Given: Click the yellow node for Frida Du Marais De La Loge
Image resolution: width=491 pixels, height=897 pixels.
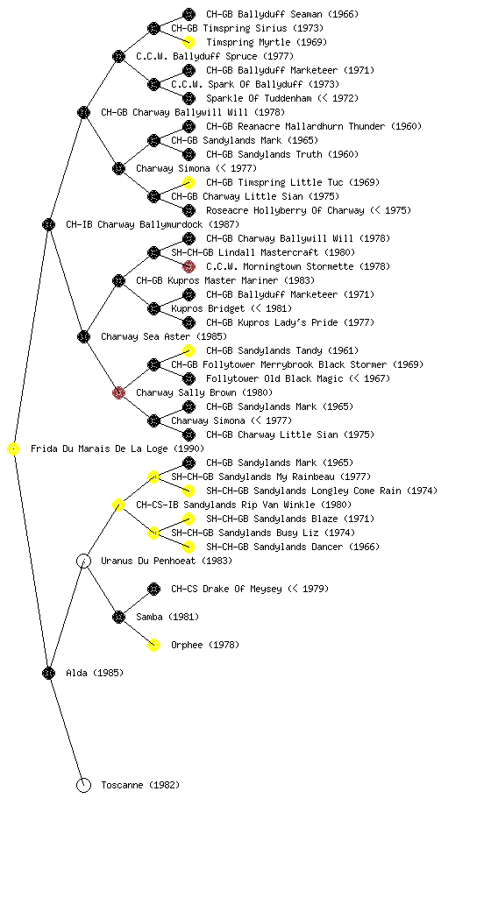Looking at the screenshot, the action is pos(14,449).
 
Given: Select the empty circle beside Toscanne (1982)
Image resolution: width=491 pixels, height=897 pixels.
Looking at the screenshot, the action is pos(83,785).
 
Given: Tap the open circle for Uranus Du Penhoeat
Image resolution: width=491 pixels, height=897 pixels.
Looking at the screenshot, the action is pos(83,561).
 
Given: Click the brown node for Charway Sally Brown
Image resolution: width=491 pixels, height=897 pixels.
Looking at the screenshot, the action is pos(118,392).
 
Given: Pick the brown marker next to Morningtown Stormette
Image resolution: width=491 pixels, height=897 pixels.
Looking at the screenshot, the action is pos(189,266).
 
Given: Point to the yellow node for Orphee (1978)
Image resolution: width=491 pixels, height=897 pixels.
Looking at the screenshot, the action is pos(153,645).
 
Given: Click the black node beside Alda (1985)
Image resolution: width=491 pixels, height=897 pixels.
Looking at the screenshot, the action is pos(48,673).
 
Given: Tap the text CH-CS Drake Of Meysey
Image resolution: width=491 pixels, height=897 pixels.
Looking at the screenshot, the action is pos(226,589).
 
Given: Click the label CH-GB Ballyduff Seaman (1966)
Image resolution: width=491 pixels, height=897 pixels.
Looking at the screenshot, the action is pos(282,14).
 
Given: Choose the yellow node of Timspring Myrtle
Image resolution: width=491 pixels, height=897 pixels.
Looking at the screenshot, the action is pos(189,42).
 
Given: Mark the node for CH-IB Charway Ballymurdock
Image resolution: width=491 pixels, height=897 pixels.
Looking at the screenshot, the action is pos(48,224).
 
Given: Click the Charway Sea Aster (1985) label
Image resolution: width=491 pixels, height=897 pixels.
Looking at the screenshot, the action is pos(164,336).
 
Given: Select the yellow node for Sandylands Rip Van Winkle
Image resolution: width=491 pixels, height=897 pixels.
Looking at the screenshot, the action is pos(118,505).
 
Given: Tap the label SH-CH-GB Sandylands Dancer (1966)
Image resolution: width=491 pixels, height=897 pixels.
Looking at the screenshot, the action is pos(293,547).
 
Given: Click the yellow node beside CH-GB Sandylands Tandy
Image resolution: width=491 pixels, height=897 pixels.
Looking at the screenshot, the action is pos(189,350).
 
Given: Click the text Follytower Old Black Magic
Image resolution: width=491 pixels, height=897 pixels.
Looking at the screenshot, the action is pos(274,378).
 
